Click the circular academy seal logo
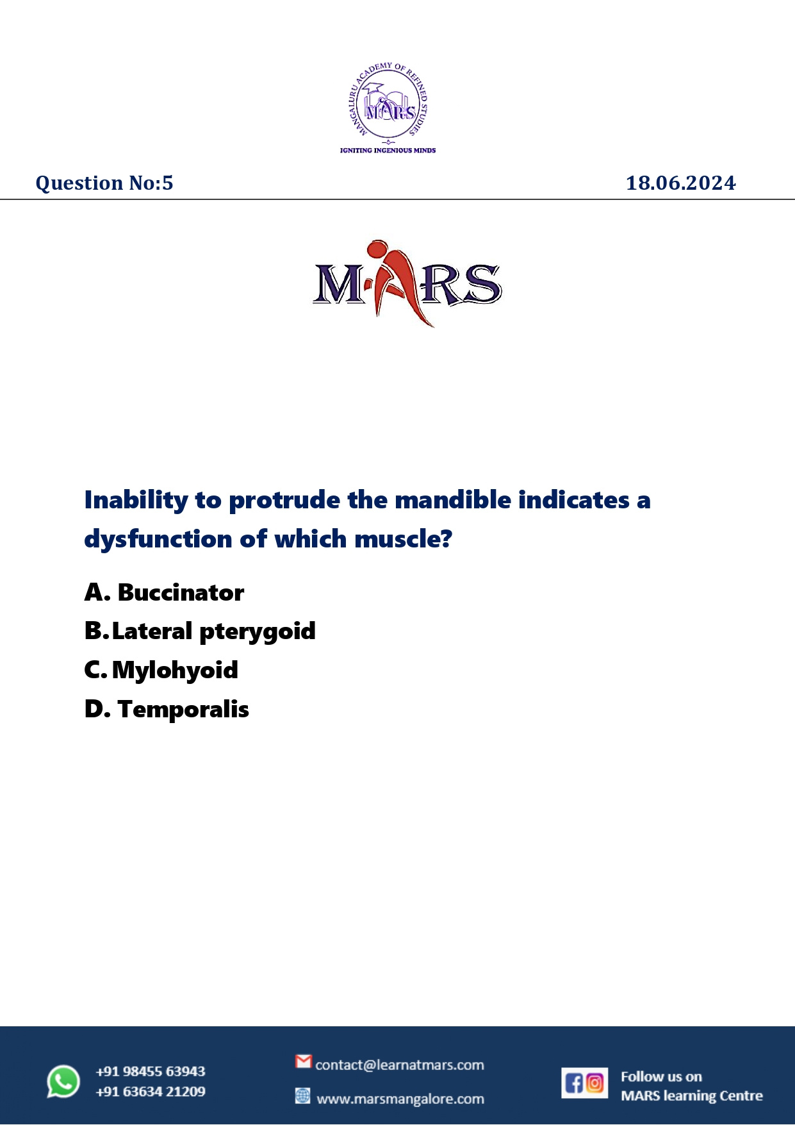coord(388,101)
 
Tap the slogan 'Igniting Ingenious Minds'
coord(388,151)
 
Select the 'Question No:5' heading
coord(104,183)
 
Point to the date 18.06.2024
coord(680,183)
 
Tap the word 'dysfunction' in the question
coord(159,540)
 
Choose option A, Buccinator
coord(164,593)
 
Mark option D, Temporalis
coord(167,710)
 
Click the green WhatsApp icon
coord(63,1081)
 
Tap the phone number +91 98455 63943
coord(151,1071)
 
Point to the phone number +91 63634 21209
coord(151,1092)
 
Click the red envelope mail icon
coord(304,1062)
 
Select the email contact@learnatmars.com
coord(400,1065)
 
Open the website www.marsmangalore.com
coord(400,1099)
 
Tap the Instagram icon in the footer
coord(595,1083)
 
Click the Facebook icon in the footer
coord(574,1083)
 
